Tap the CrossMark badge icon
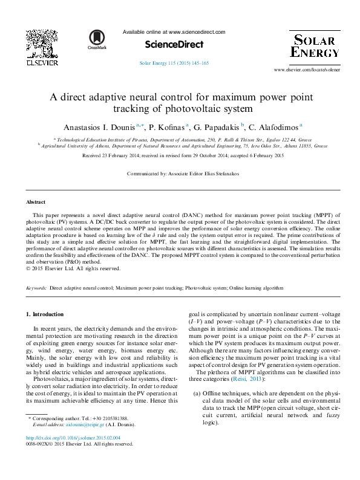pos(97,39)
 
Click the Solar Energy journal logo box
pos(314,46)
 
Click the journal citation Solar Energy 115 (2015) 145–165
pos(174,63)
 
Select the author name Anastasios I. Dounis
pos(99,128)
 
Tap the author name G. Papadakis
pos(218,128)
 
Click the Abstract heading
pos(36,202)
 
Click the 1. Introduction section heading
pos(45,314)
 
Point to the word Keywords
pos(36,289)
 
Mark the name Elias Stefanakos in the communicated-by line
pos(219,174)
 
